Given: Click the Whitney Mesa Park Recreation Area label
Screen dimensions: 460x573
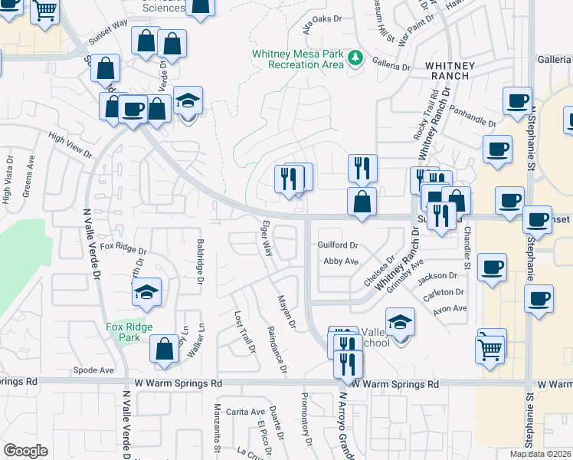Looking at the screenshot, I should point(299,59).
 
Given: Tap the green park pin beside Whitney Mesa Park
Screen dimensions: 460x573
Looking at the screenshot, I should point(355,58).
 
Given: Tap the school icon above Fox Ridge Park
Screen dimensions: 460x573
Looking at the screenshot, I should point(146,293).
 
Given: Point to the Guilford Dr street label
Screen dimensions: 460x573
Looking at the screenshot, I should point(338,245).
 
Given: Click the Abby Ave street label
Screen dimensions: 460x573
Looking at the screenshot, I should point(341,261).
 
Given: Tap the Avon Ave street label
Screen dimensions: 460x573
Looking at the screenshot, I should point(450,308).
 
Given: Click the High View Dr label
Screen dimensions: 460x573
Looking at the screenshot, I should point(70,145).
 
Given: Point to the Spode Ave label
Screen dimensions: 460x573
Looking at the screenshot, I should point(93,370).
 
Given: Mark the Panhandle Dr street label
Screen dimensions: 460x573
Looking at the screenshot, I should point(473,116).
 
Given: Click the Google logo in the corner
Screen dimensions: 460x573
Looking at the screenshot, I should point(25,451).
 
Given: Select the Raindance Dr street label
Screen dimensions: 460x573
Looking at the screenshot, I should point(277,351).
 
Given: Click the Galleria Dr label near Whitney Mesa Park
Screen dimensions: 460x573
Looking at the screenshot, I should point(391,67).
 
